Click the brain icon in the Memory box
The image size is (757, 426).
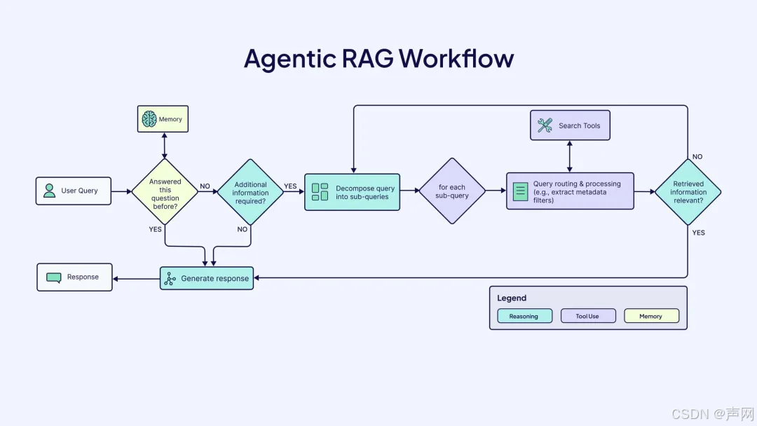pyautogui.click(x=149, y=119)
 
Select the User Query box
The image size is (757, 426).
pyautogui.click(x=74, y=191)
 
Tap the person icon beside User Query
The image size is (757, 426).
pyautogui.click(x=49, y=191)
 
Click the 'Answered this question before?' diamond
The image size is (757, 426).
pyautogui.click(x=165, y=191)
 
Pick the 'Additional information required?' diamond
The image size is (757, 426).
pyautogui.click(x=250, y=191)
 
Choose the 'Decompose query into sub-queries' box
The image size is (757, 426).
pyautogui.click(x=352, y=191)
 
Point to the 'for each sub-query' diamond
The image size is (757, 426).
pyautogui.click(x=452, y=191)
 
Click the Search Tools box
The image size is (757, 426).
pyautogui.click(x=570, y=125)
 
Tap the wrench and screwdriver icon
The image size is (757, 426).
pyautogui.click(x=545, y=125)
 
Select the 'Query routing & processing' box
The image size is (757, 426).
pyautogui.click(x=570, y=191)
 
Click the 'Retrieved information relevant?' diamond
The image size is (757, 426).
pyautogui.click(x=688, y=191)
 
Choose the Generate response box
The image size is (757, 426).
pyautogui.click(x=206, y=278)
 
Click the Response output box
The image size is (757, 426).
pyautogui.click(x=74, y=277)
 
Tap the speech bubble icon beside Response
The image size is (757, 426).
pyautogui.click(x=54, y=277)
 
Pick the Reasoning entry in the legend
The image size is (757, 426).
pyautogui.click(x=524, y=316)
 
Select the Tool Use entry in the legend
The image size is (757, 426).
pyautogui.click(x=587, y=316)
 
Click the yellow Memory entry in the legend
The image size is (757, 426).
pyautogui.click(x=651, y=316)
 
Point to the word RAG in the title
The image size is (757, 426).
pyautogui.click(x=369, y=58)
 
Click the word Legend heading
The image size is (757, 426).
pyautogui.click(x=512, y=298)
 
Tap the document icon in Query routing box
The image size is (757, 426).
pyautogui.click(x=520, y=191)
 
